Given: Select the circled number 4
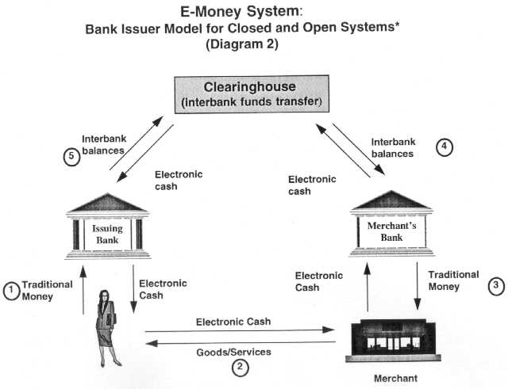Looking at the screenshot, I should [444, 146].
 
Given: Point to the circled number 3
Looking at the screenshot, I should [494, 284].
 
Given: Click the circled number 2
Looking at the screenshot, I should [240, 367].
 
